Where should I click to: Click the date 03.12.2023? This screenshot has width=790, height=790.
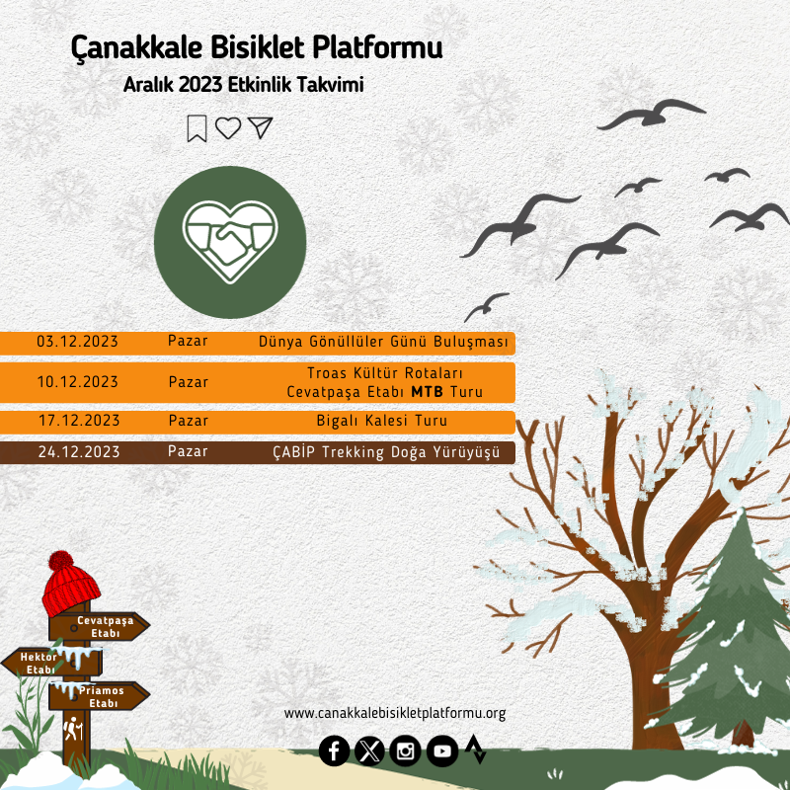(x=77, y=342)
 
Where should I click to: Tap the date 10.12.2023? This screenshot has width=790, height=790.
(x=78, y=382)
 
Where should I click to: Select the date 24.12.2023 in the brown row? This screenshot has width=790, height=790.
(x=79, y=452)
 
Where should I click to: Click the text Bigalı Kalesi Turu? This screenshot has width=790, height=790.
(x=382, y=421)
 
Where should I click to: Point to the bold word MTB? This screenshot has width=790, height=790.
(x=428, y=392)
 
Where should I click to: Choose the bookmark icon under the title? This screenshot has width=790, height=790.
(x=197, y=128)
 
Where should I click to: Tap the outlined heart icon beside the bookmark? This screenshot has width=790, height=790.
(x=228, y=128)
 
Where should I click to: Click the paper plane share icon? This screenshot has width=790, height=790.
(x=261, y=127)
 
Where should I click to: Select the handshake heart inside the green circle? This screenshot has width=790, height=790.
(x=230, y=241)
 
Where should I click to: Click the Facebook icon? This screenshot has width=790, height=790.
(x=334, y=751)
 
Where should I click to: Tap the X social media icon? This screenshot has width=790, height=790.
(x=369, y=751)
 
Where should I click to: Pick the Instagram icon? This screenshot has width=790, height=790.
(x=405, y=751)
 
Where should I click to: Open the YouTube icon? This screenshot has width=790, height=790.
(x=442, y=751)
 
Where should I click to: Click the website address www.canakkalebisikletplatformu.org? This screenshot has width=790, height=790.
(x=395, y=713)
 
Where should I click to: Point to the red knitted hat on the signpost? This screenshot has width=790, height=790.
(x=70, y=584)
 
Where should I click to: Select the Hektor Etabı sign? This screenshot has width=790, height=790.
(x=52, y=663)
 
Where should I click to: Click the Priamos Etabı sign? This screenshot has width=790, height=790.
(x=100, y=696)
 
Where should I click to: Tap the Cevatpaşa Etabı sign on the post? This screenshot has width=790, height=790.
(x=100, y=627)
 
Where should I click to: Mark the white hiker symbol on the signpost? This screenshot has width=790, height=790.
(x=73, y=729)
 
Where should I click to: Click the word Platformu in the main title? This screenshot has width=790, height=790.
(x=377, y=47)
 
